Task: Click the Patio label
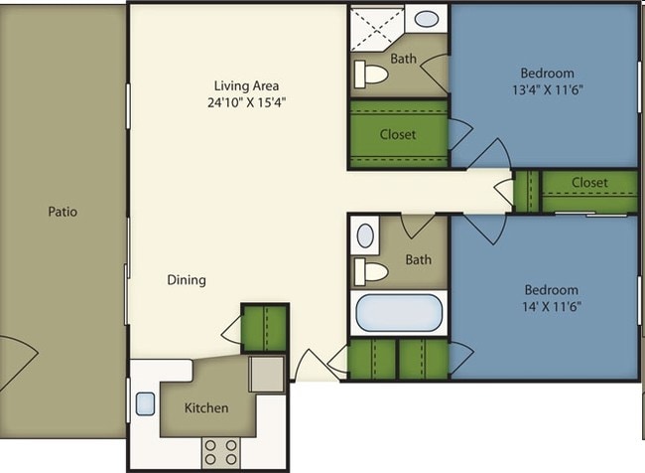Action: pyautogui.click(x=62, y=212)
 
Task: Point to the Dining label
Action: pyautogui.click(x=186, y=280)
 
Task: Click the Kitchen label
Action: pyautogui.click(x=206, y=407)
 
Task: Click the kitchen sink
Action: pyautogui.click(x=144, y=403)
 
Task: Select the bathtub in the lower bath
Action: pyautogui.click(x=399, y=313)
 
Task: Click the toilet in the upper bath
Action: pyautogui.click(x=373, y=74)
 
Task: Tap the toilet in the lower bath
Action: pyautogui.click(x=373, y=271)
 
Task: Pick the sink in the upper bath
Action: pyautogui.click(x=428, y=19)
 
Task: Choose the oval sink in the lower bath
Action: pyautogui.click(x=365, y=236)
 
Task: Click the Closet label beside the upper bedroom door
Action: pyautogui.click(x=398, y=134)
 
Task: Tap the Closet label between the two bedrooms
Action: pyautogui.click(x=588, y=183)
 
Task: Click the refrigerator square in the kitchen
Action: pyautogui.click(x=266, y=374)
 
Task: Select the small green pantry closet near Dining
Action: pyautogui.click(x=264, y=328)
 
